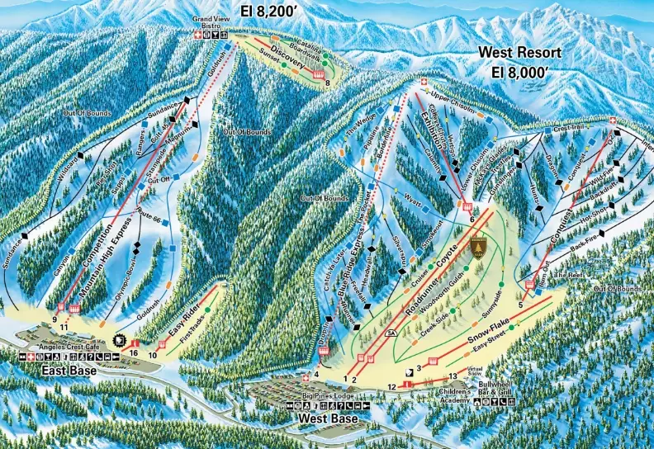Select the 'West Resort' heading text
point(520,53)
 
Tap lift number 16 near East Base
point(134,352)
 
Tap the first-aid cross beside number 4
point(305,378)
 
